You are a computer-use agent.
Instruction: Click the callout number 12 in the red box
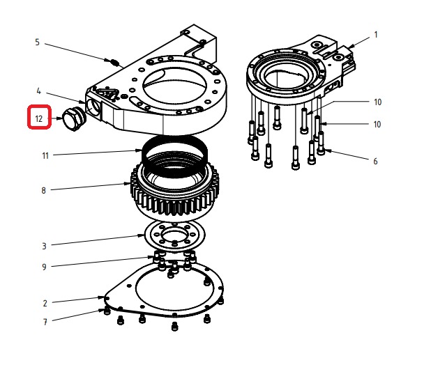(39, 118)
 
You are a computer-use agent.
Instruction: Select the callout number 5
(38, 42)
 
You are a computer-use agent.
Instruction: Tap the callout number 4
(38, 91)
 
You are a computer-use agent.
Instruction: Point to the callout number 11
(45, 156)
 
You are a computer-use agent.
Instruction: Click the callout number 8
(43, 191)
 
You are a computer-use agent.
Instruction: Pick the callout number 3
(44, 247)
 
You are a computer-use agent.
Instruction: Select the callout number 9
(44, 267)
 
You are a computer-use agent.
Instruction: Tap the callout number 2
(45, 303)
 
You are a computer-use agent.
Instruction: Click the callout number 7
(45, 322)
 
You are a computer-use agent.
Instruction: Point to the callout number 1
(376, 35)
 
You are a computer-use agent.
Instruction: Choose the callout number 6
(375, 161)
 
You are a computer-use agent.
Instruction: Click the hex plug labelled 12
(74, 119)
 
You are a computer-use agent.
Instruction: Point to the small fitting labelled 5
(115, 63)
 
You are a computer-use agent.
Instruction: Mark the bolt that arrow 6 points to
(321, 143)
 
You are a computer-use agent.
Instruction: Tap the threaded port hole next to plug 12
(93, 107)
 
